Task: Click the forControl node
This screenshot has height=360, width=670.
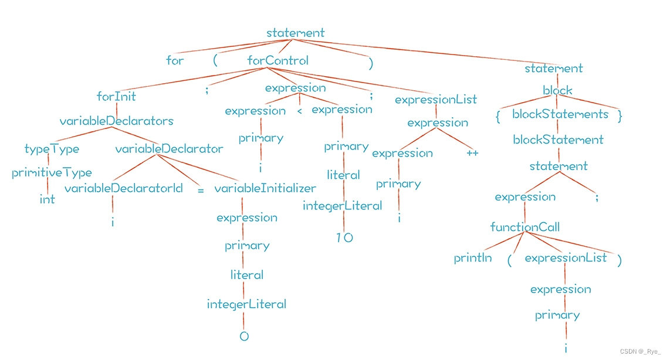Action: [x=278, y=60]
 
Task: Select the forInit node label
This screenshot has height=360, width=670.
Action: [x=116, y=96]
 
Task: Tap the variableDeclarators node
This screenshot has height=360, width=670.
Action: [x=117, y=121]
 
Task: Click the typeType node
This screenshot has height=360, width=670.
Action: [x=52, y=149]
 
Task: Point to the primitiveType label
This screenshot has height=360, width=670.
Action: [x=52, y=173]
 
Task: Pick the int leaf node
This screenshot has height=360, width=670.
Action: [x=47, y=199]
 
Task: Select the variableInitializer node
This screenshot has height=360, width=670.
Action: [x=265, y=188]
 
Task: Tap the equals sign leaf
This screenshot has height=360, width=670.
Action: [x=201, y=191]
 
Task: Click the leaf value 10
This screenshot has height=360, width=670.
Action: [x=344, y=238]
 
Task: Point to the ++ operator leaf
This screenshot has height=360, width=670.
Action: [x=472, y=154]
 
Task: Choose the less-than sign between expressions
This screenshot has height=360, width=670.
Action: [x=299, y=111]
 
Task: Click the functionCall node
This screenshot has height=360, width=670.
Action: [x=525, y=227]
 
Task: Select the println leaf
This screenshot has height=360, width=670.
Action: [x=473, y=258]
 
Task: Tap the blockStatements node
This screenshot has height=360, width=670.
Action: [x=560, y=114]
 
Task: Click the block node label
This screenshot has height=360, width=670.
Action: [x=557, y=91]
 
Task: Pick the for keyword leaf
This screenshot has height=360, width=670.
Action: [x=175, y=60]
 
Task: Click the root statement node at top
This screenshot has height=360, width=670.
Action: [x=295, y=33]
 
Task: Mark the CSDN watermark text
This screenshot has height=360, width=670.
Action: [x=639, y=351]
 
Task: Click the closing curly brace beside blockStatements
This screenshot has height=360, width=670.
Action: [x=620, y=116]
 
